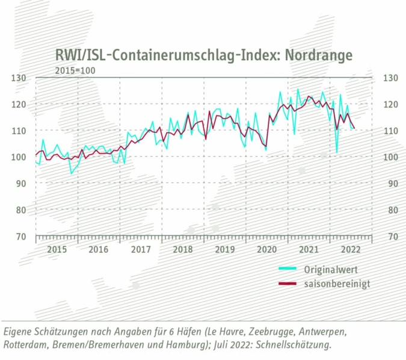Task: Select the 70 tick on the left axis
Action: coord(21,236)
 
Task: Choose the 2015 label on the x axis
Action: coord(57,249)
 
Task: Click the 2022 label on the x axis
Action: coord(351,249)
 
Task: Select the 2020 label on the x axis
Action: coord(266,249)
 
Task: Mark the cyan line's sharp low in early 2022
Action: coord(337,152)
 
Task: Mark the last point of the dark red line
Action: coord(354,128)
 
